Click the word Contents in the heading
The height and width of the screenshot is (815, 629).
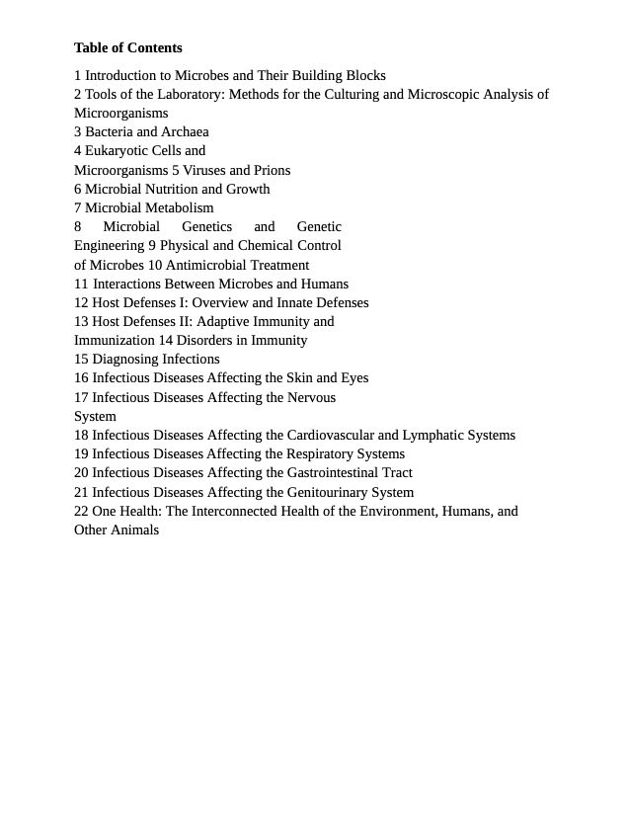pos(154,47)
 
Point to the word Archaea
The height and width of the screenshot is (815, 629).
pos(185,131)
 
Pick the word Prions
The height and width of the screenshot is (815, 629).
pos(272,170)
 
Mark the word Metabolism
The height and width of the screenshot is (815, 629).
pos(179,207)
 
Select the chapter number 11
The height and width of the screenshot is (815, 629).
pos(81,284)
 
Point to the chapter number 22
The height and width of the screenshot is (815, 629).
pos(81,511)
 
